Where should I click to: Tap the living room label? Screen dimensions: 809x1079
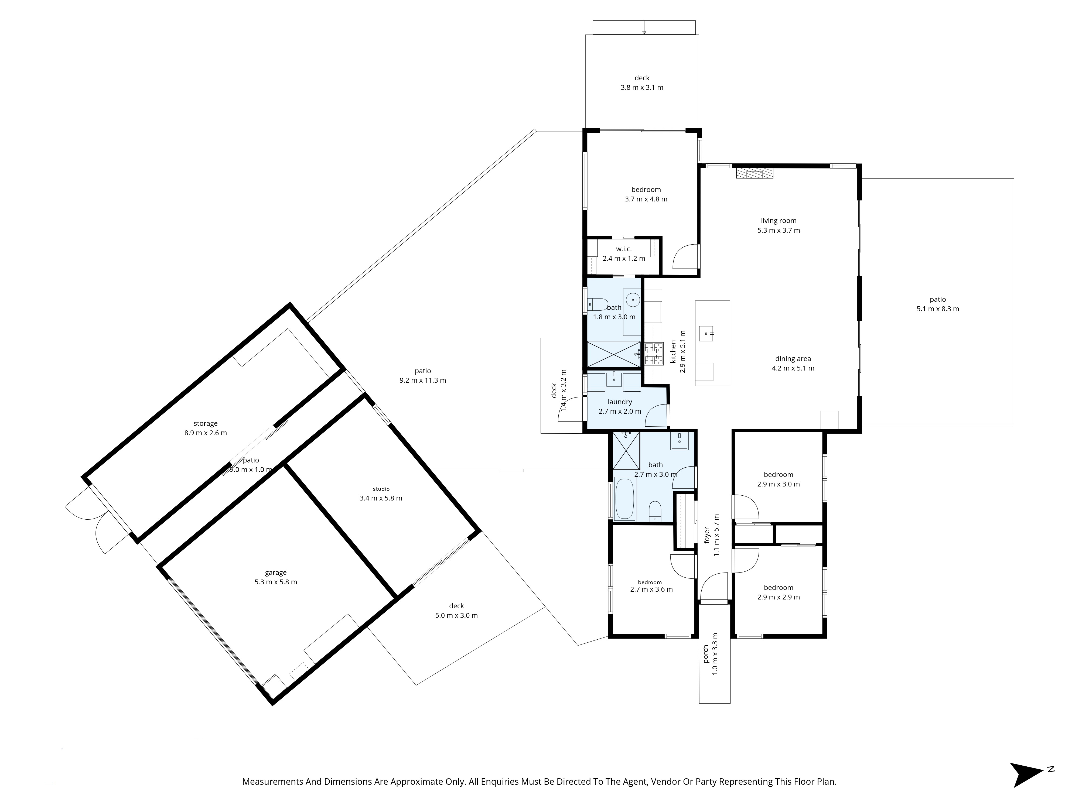pos(778,220)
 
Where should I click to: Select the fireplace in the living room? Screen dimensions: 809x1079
pos(754,174)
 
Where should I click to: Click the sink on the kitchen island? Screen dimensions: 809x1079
pos(706,334)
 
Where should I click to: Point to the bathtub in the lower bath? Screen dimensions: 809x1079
pos(625,499)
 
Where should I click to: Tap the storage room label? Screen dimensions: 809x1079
pos(205,423)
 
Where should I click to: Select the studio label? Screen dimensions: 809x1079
pos(381,489)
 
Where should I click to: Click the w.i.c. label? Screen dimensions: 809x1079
pos(623,249)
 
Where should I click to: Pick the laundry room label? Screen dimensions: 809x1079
pos(620,402)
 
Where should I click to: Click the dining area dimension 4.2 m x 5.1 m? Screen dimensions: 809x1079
pos(793,368)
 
